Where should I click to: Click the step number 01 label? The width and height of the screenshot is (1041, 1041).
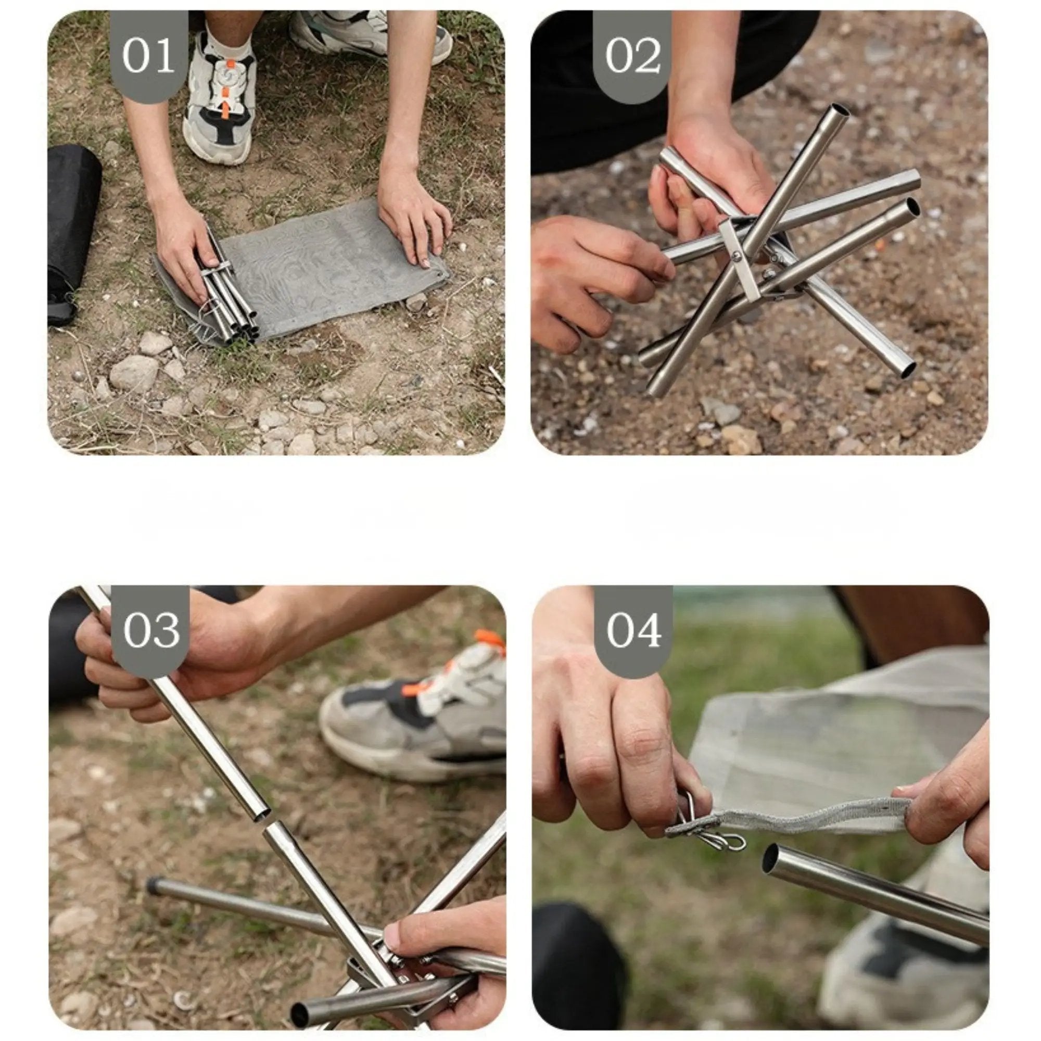[148, 56]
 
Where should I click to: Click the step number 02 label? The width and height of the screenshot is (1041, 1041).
[632, 56]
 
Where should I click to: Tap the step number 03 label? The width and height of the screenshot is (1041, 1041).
[151, 630]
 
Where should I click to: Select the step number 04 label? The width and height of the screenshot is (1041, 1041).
[633, 630]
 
